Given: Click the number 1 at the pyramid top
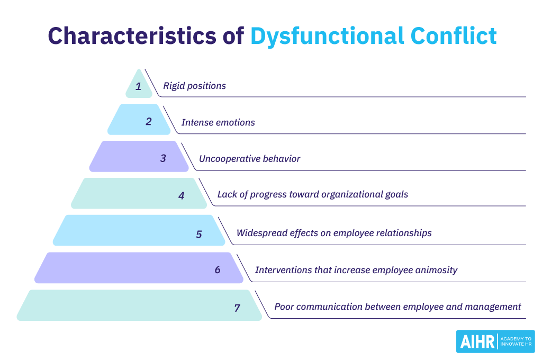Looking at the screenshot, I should (139, 86).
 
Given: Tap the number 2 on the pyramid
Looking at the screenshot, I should (149, 121).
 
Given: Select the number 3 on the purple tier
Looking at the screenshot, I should (164, 158).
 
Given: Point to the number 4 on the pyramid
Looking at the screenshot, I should (182, 195).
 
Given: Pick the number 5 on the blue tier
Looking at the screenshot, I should (199, 233).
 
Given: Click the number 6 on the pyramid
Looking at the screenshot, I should (218, 269).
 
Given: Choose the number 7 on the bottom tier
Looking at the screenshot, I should (237, 307).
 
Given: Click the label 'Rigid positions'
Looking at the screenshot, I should (194, 86).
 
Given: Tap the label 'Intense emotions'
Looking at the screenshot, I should (218, 122).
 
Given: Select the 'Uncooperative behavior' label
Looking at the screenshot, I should (249, 159).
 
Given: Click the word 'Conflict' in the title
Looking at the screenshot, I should (454, 36).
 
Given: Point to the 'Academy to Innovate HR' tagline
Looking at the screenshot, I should (516, 341).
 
